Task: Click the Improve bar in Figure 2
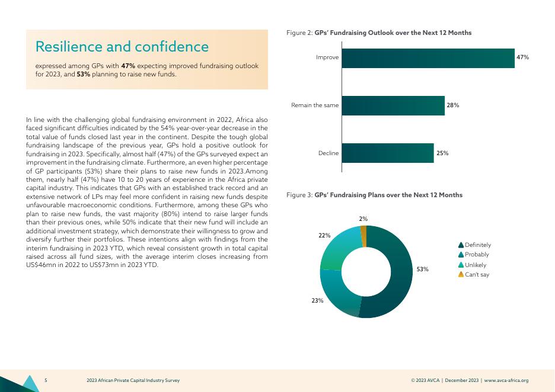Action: [428, 58]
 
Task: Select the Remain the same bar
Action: [393, 105]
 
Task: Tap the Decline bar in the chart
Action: [388, 153]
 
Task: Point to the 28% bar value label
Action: [453, 105]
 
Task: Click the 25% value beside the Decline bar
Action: [442, 153]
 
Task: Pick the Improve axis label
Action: [327, 57]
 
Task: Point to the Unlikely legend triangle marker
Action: [461, 265]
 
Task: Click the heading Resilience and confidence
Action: [122, 46]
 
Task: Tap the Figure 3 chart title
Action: [374, 195]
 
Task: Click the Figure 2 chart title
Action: [379, 33]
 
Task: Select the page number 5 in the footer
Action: [46, 380]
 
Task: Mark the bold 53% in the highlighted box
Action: [83, 75]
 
